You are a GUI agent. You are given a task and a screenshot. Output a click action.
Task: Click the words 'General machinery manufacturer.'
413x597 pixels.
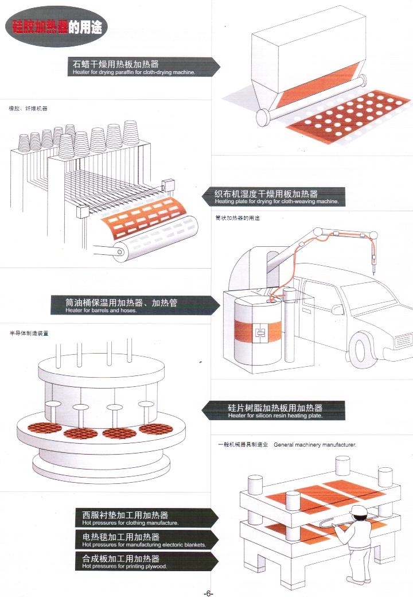click(x=315, y=445)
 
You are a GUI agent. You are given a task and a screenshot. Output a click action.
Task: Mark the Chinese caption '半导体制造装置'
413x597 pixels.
click(x=29, y=333)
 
